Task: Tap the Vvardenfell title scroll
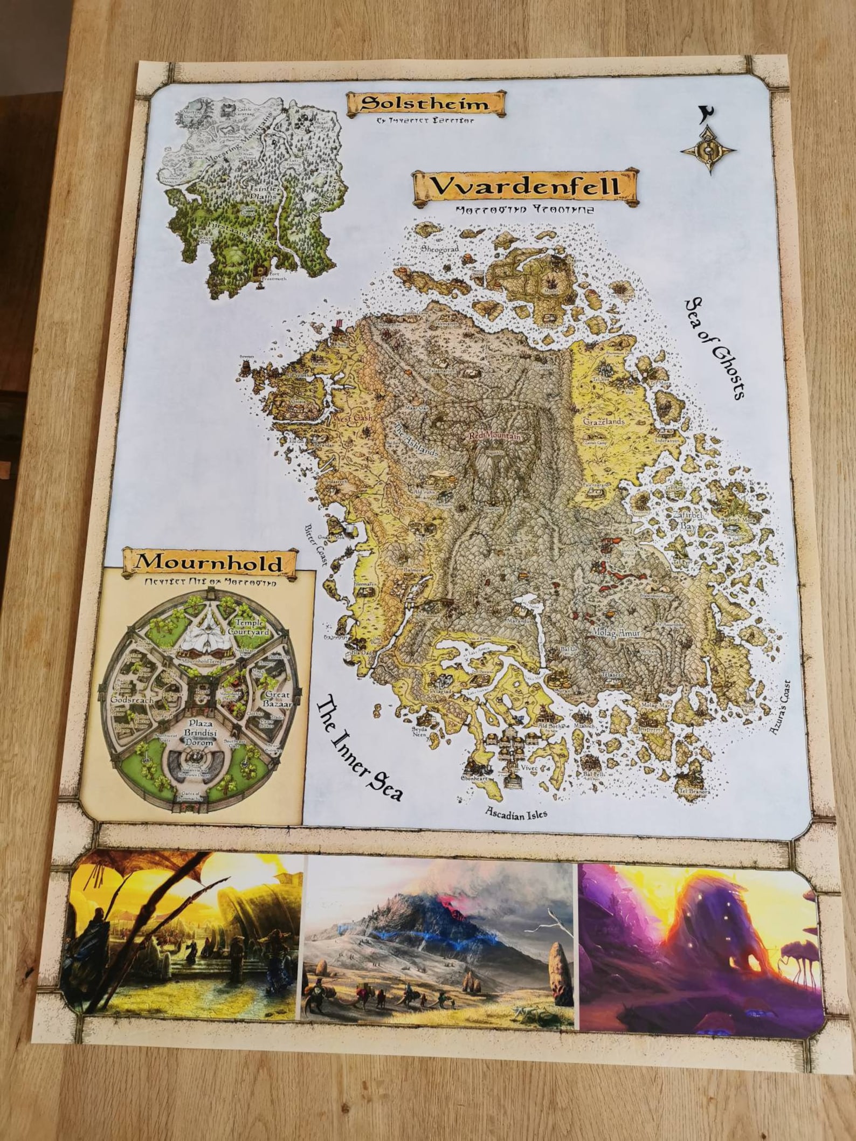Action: [x=524, y=186]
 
